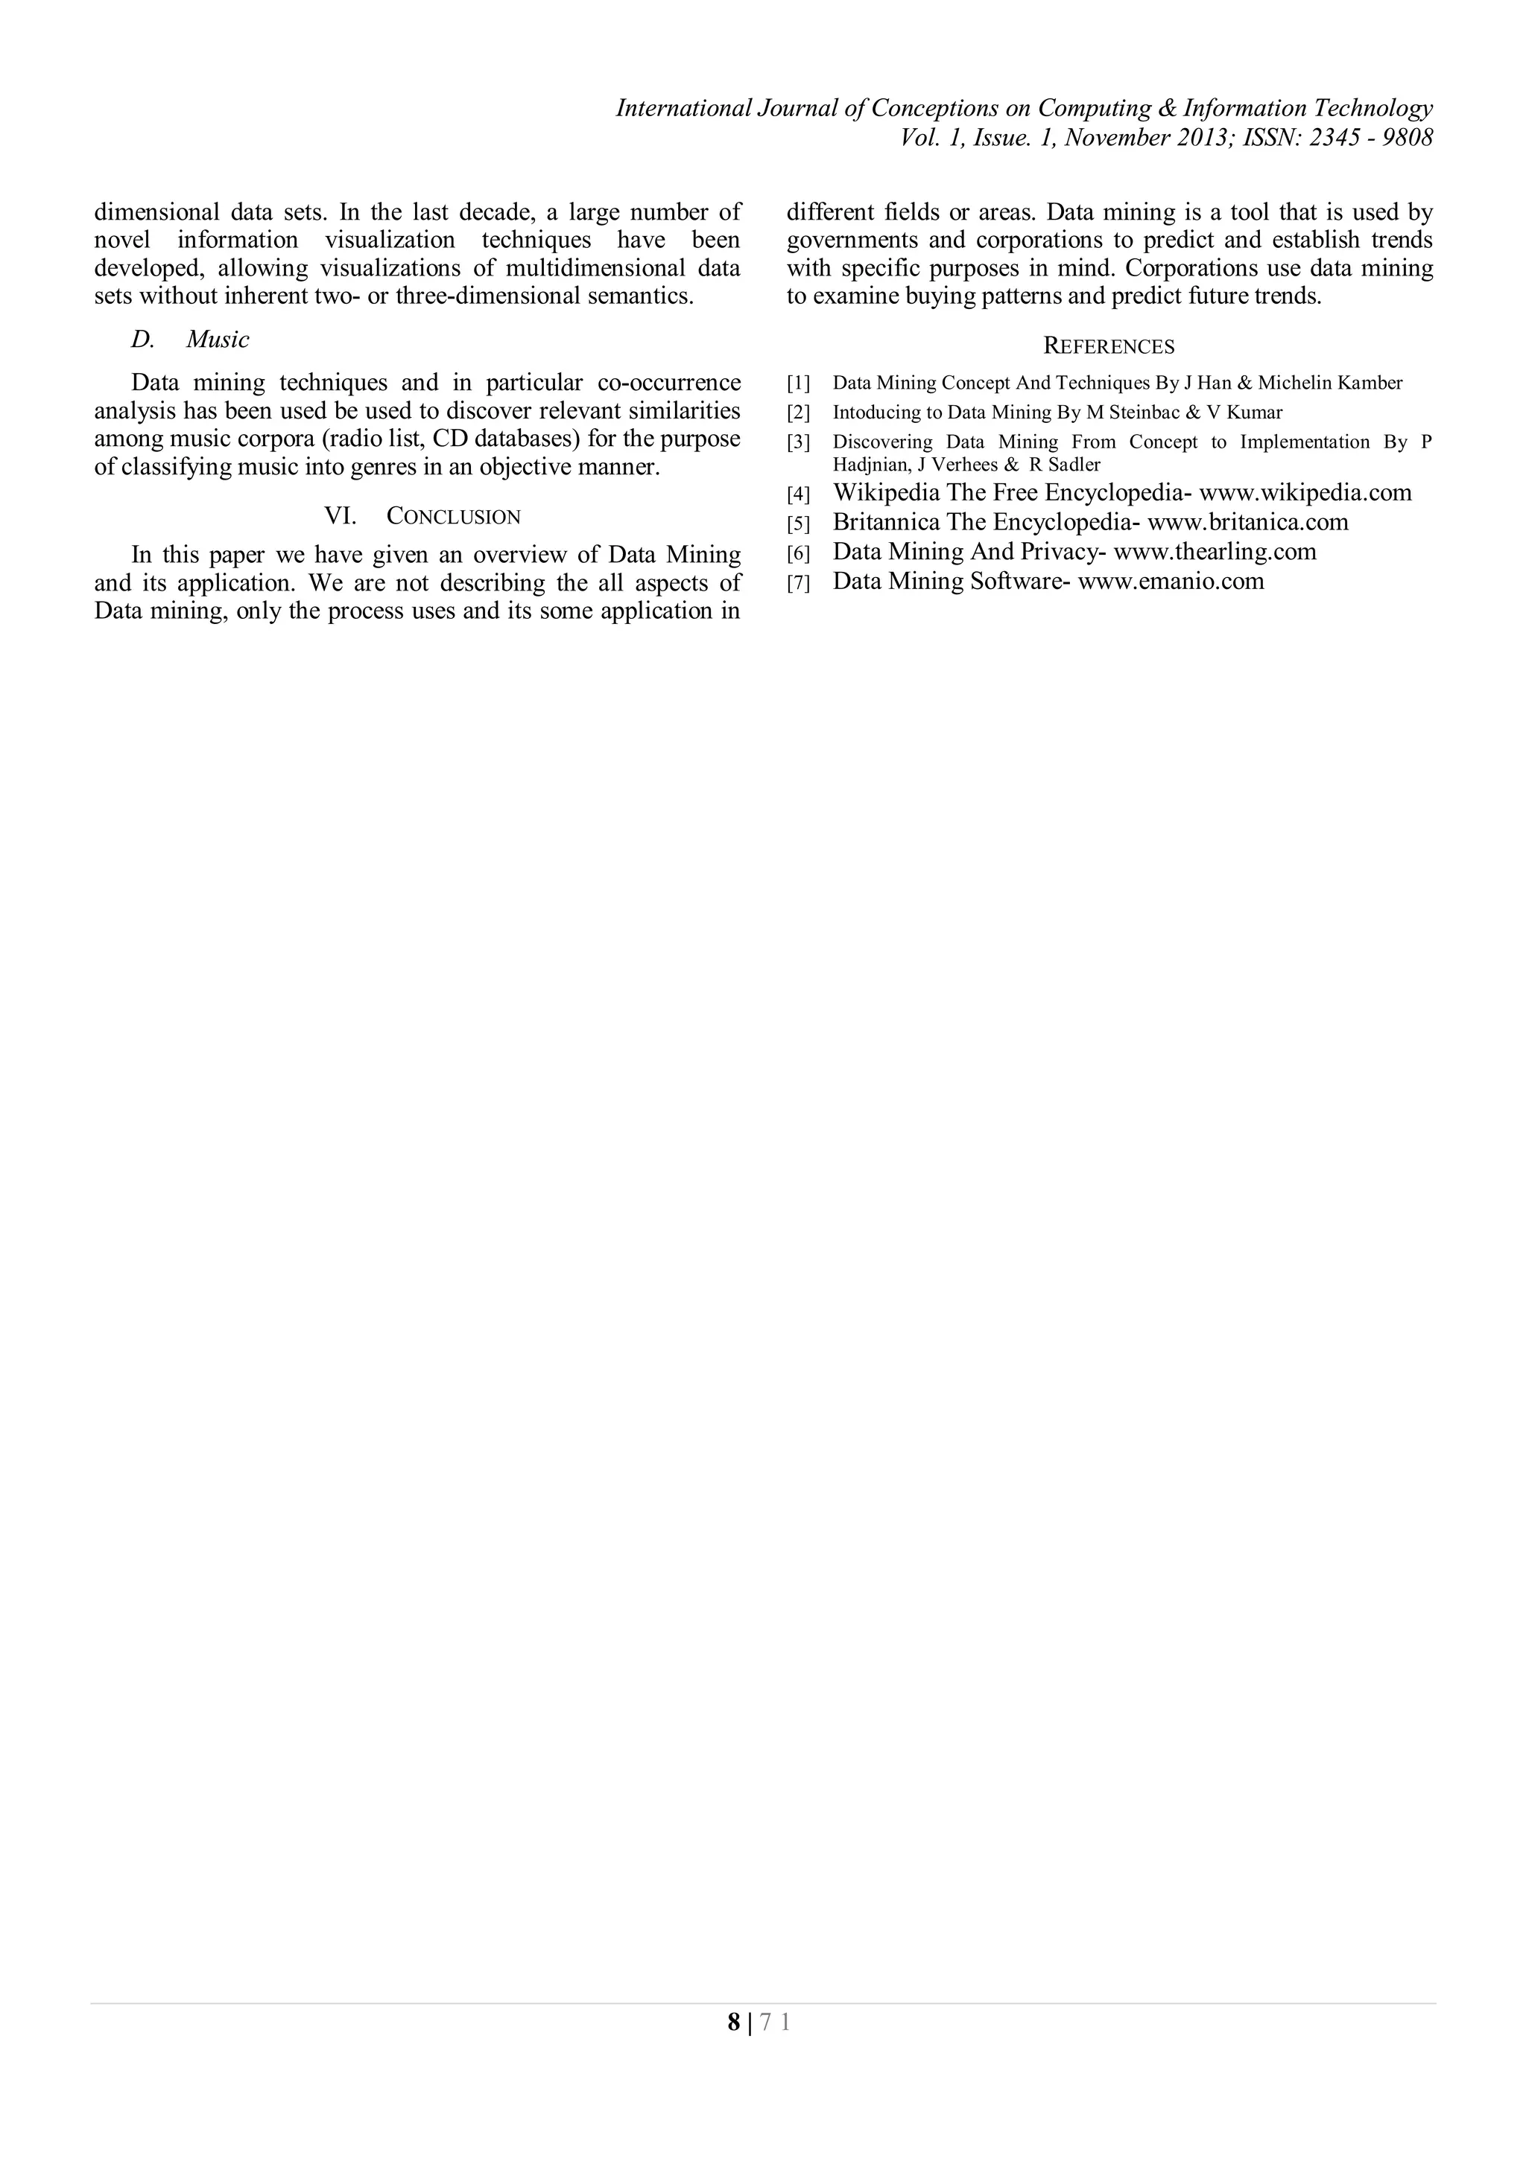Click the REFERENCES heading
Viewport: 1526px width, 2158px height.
pyautogui.click(x=1109, y=347)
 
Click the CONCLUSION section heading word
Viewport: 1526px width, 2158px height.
pyautogui.click(x=453, y=516)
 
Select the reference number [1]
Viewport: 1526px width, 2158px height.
pyautogui.click(x=797, y=383)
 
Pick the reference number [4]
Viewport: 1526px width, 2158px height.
pyautogui.click(x=797, y=494)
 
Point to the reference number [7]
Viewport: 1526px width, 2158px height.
pyautogui.click(x=797, y=583)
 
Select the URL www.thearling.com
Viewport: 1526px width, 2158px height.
pyautogui.click(x=1215, y=551)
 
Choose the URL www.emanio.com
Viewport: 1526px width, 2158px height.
pyautogui.click(x=1171, y=581)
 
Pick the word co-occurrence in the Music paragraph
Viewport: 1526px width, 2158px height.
pyautogui.click(x=668, y=383)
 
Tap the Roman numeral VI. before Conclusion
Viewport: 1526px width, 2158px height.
pyautogui.click(x=340, y=516)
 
